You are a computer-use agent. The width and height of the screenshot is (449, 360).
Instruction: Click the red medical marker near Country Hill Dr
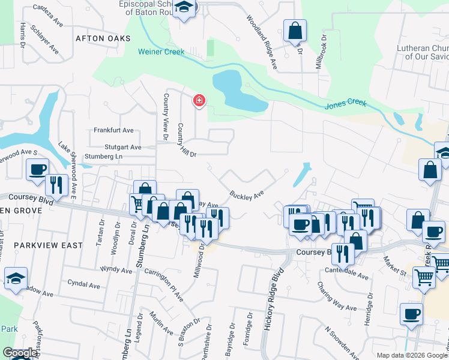click(x=199, y=100)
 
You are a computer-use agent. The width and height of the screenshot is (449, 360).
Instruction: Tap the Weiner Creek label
click(x=161, y=52)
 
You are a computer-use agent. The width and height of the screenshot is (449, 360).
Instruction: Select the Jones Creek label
click(x=346, y=104)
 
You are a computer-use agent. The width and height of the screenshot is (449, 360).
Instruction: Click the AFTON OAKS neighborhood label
click(x=103, y=38)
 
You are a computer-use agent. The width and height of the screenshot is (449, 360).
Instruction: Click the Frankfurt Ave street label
click(x=113, y=130)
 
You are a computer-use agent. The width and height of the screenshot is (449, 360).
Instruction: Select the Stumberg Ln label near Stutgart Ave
click(x=103, y=157)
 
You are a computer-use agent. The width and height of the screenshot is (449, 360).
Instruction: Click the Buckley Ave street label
click(x=247, y=194)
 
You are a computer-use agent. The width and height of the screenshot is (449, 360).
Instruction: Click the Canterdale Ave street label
click(x=346, y=274)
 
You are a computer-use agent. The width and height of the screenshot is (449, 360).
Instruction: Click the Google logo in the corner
click(x=20, y=353)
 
